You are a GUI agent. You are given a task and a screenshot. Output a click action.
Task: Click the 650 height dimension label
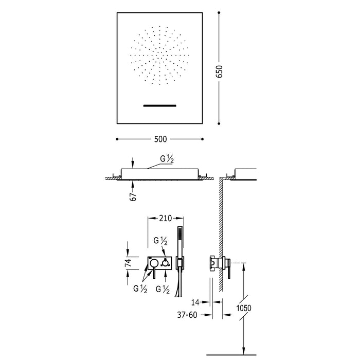point(220,71)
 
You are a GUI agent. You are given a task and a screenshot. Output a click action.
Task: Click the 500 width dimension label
point(160,139)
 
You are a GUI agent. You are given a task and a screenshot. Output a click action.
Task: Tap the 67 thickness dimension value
point(133,196)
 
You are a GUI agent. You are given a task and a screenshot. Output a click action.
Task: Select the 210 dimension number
point(165,218)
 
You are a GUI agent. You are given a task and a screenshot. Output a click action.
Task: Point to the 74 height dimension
point(128,263)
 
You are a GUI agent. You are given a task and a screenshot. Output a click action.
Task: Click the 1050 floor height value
point(244,308)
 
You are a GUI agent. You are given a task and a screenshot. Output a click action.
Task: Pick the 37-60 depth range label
point(187,315)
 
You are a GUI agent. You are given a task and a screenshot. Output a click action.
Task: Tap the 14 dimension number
point(195,302)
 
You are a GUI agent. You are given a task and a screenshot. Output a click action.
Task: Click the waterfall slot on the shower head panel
point(160,105)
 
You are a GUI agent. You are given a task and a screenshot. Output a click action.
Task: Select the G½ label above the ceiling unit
point(167,159)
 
